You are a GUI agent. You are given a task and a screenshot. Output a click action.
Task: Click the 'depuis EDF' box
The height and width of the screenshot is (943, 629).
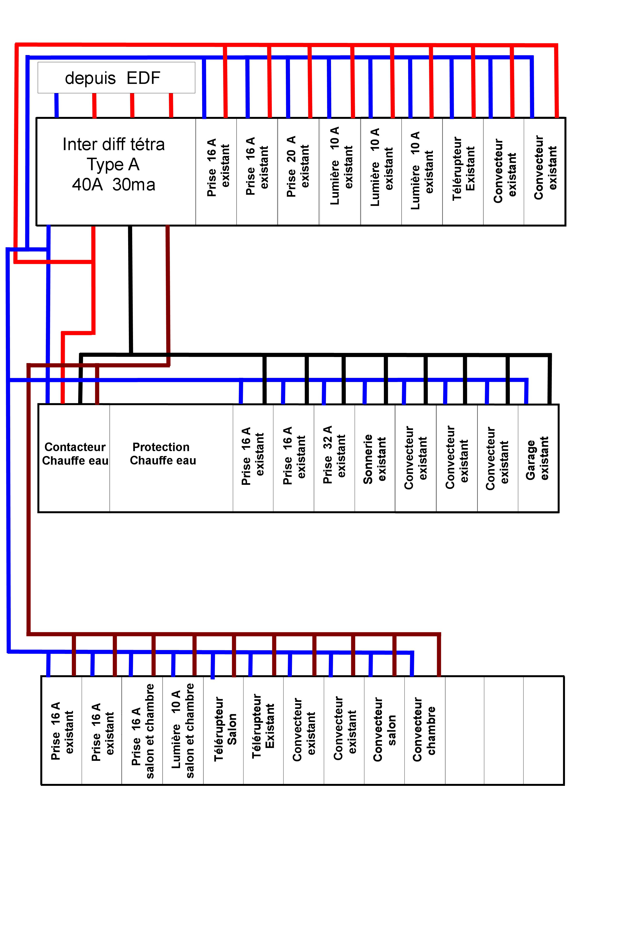point(116,77)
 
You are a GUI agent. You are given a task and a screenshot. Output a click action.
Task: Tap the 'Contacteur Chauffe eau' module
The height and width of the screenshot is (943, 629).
point(74,458)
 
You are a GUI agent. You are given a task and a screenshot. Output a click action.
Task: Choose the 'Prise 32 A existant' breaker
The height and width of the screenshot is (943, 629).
point(334,458)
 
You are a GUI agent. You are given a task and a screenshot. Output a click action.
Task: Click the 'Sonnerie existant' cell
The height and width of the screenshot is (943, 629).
point(375,458)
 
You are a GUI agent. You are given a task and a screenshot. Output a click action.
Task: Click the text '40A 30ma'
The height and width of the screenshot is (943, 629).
point(114,184)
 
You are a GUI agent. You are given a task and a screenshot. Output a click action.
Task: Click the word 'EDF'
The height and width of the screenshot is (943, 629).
point(143,78)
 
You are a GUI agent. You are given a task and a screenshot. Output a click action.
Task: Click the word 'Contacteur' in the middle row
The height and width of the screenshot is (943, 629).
point(75,447)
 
